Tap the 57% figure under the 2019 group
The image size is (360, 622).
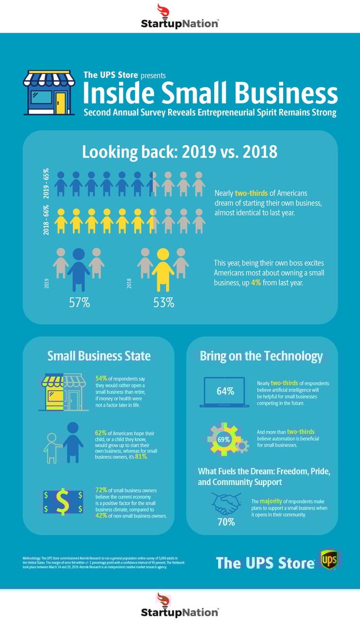pyautogui.click(x=79, y=302)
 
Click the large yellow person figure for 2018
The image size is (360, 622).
pyautogui.click(x=163, y=270)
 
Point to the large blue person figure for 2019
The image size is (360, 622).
pyautogui.click(x=79, y=270)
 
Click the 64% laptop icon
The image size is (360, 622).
pyautogui.click(x=224, y=391)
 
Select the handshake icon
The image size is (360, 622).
pyautogui.click(x=227, y=503)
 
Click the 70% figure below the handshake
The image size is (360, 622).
pyautogui.click(x=226, y=522)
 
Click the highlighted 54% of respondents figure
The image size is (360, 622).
pyautogui.click(x=102, y=378)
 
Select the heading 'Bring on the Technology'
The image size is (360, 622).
pyautogui.click(x=261, y=356)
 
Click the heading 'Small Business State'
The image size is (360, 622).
pyautogui.click(x=99, y=356)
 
